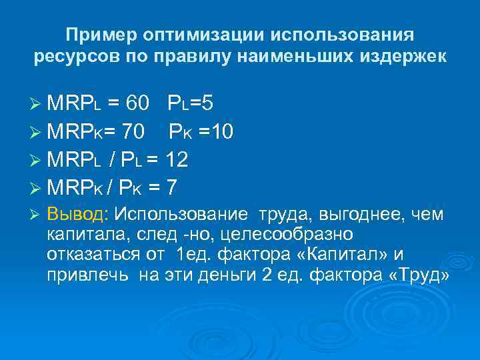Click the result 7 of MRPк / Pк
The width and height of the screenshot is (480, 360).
point(171,188)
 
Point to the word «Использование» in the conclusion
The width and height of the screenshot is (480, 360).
point(180,215)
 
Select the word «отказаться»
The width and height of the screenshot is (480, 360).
point(87,256)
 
